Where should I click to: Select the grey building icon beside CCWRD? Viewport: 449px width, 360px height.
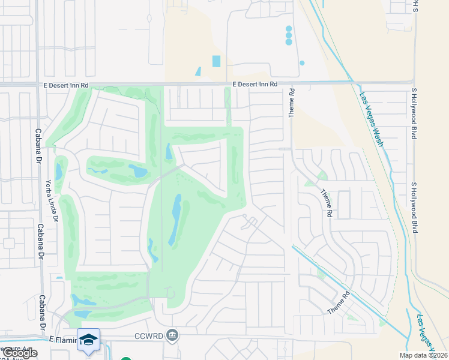pos(172,334)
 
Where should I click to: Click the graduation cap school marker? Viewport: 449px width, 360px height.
pos(88,339)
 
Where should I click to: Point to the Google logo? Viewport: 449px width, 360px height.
pos(19,353)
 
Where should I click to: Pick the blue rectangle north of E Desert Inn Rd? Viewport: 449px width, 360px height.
pos(216,61)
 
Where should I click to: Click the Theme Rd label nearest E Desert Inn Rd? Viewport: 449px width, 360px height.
pos(292,103)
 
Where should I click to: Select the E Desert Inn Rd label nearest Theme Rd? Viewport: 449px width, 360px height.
pos(256,85)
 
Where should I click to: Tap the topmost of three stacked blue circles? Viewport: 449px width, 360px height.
pos(289,28)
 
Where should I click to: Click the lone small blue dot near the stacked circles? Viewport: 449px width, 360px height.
pos(302,63)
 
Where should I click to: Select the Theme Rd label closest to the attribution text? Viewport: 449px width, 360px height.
pos(339,302)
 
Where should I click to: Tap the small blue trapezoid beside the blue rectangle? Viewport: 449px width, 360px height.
pos(199,71)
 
